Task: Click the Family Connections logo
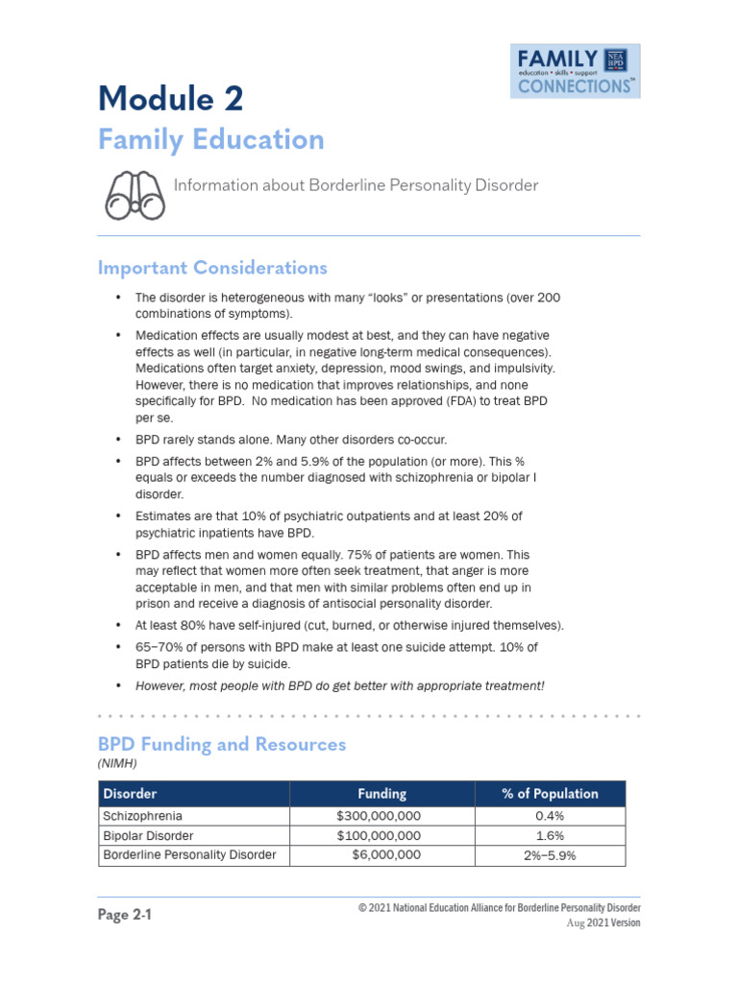coord(575,71)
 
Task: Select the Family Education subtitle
coord(210,140)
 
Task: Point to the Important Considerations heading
coord(212,268)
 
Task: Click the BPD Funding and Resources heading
coord(222,744)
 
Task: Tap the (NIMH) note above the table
coord(117,763)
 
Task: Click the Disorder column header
coord(130,794)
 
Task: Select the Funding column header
coord(381,794)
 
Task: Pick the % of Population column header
coord(550,794)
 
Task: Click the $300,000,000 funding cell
coord(373,816)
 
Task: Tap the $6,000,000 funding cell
coord(385,854)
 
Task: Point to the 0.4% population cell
coord(550,816)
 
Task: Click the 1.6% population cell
coord(550,835)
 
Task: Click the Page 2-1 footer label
coord(125,915)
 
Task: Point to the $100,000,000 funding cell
coord(373,835)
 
